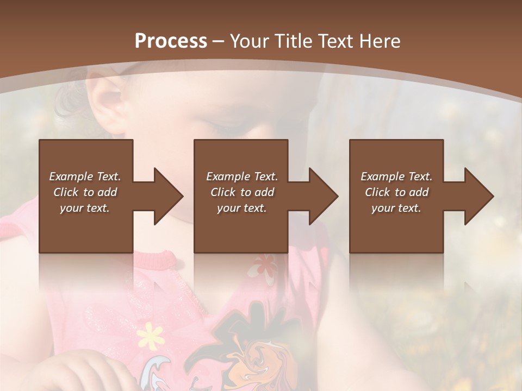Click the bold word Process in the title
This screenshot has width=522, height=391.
click(171, 41)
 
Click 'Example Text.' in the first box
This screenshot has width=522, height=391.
click(85, 176)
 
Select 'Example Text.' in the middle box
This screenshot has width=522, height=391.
click(241, 176)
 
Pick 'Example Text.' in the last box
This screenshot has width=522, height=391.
click(396, 176)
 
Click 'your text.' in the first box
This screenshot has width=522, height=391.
click(85, 208)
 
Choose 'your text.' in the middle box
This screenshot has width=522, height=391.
click(241, 208)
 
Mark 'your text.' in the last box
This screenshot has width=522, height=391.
click(396, 208)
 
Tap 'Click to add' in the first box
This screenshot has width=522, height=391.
click(85, 192)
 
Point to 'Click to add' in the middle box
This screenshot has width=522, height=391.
click(241, 192)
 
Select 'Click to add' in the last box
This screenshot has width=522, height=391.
click(396, 192)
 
